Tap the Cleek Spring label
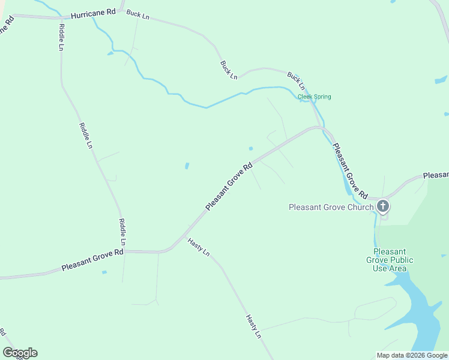coord(315,97)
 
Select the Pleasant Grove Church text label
coord(330,208)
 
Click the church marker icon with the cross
coord(383,207)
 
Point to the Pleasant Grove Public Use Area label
coord(390,260)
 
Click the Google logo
coord(20,353)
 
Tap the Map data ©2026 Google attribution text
coord(412,355)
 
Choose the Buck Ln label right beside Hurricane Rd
coord(137,14)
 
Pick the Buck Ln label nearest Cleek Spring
coord(296,80)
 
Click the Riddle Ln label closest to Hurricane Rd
coord(61,37)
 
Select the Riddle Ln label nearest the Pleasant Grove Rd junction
coord(122,232)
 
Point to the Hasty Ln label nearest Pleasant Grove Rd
coord(198,247)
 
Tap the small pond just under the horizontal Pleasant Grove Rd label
coord(104,272)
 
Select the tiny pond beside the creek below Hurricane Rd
coord(110,54)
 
